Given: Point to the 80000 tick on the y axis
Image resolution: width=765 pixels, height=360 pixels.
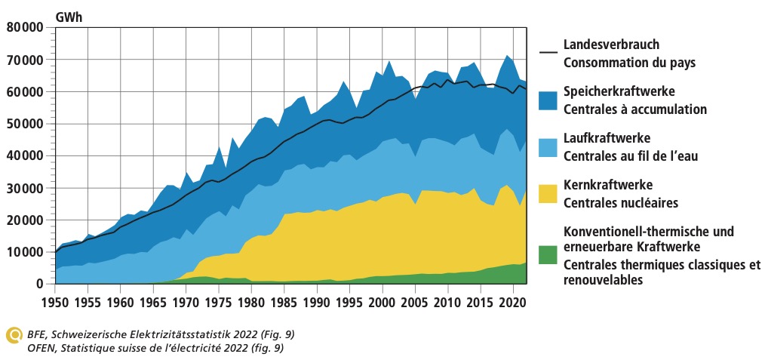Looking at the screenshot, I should (24, 27).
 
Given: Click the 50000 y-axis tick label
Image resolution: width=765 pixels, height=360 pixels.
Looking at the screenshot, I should (24, 124).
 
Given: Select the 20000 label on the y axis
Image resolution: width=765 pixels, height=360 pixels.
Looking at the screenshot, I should (24, 220).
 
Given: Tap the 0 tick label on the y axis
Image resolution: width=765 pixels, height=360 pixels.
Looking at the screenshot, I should (40, 284).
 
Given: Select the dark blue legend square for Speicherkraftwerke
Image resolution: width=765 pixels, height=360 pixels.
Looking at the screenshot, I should (548, 100).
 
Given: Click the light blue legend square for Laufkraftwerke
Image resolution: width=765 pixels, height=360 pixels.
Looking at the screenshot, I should (548, 147).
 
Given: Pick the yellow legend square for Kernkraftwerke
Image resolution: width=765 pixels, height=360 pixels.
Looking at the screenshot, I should (548, 194).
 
